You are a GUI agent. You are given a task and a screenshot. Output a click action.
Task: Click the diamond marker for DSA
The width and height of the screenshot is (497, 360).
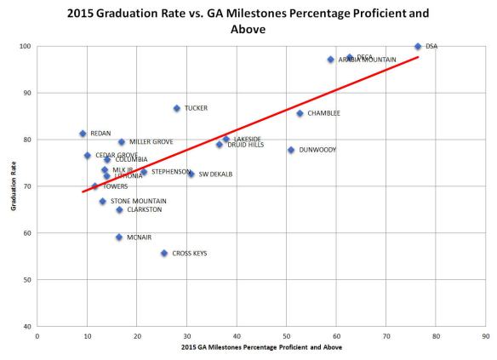(x=418, y=47)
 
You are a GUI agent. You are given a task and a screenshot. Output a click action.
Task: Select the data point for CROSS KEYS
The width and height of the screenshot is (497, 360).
(x=164, y=253)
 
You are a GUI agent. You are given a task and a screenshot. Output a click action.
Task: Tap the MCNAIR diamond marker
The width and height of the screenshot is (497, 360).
(x=119, y=237)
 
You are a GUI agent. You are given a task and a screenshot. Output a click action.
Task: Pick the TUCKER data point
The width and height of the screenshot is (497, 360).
(x=176, y=108)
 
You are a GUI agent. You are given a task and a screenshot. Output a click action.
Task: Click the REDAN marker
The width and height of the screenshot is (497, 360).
(x=83, y=134)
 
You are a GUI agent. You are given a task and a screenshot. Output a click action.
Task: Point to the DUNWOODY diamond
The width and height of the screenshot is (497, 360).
(x=291, y=150)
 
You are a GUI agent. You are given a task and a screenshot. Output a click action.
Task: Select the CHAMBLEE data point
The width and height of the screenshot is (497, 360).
(x=300, y=113)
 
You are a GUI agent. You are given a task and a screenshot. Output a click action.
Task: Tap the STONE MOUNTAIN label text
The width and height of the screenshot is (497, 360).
(x=138, y=201)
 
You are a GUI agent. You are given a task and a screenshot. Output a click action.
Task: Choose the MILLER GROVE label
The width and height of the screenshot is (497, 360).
(x=151, y=142)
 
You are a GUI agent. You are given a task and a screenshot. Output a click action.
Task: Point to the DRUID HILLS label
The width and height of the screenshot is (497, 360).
(x=245, y=145)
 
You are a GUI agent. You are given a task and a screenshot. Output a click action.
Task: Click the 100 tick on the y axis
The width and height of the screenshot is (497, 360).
(x=26, y=47)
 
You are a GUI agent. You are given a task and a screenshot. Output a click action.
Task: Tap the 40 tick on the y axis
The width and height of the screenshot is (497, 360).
(x=27, y=326)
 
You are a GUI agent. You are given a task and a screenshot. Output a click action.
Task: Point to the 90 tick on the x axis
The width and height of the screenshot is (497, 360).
(x=485, y=336)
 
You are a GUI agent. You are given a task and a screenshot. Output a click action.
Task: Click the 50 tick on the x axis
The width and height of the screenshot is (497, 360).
(x=286, y=336)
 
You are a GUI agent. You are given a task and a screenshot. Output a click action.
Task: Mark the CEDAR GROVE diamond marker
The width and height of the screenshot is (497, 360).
(x=88, y=155)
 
